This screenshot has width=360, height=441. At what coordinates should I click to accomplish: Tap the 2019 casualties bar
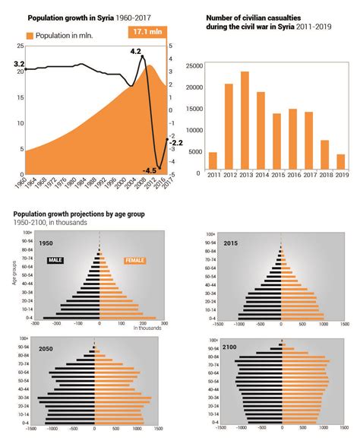pyautogui.click(x=340, y=160)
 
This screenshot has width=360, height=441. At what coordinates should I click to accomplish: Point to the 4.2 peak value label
pyautogui.click(x=135, y=51)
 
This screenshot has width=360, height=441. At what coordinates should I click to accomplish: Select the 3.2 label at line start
pyautogui.click(x=19, y=65)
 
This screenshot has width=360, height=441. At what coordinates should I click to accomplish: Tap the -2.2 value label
pyautogui.click(x=175, y=143)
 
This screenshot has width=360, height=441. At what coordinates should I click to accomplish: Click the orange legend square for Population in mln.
pyautogui.click(x=30, y=36)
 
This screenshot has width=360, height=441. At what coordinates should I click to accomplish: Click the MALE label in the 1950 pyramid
pyautogui.click(x=55, y=261)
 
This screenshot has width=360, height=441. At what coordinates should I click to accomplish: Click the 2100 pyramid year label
pyautogui.click(x=231, y=347)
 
